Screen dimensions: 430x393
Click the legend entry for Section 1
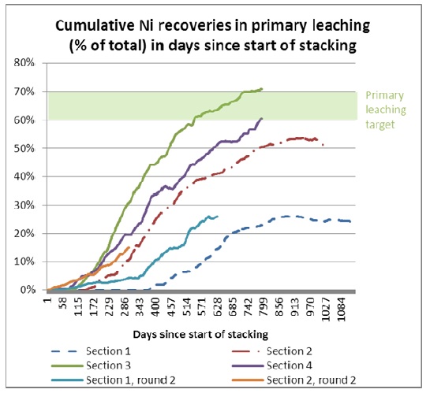coord(91,351)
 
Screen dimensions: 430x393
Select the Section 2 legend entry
coord(271,351)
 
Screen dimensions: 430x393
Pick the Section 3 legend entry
coord(91,365)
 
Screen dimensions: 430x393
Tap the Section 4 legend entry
coord(271,365)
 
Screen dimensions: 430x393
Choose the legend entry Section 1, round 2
coord(113,380)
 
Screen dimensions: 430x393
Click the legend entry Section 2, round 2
coord(294,380)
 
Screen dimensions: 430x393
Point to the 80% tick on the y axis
coord(24,63)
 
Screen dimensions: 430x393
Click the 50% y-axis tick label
coord(24,149)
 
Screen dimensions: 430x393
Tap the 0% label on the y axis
coord(28,290)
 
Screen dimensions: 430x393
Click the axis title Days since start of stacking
coord(200,335)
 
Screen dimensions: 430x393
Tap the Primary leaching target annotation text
coord(386,109)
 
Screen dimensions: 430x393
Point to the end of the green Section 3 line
coord(262,89)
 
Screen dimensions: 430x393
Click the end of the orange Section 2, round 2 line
coord(129,247)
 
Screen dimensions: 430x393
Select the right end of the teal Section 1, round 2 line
coord(218,217)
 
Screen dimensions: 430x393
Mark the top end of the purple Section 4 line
coord(262,118)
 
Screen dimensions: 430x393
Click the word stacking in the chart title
coord(327,46)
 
